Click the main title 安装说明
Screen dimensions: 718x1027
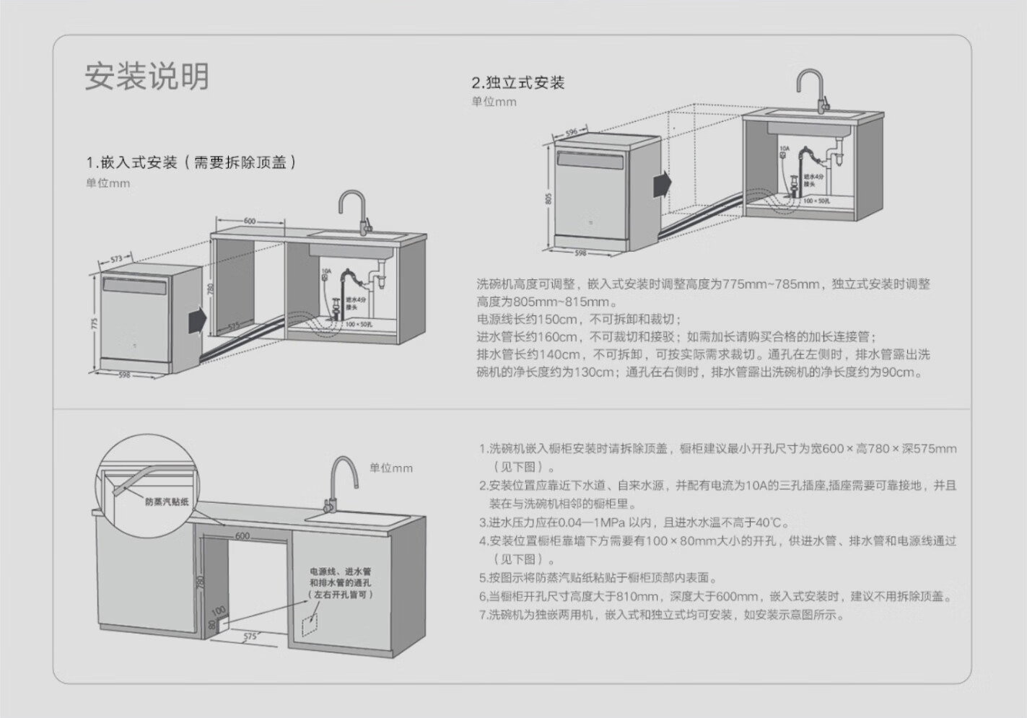[147, 76]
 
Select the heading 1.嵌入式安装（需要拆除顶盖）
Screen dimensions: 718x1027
[191, 162]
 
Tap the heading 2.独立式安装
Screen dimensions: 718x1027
[517, 83]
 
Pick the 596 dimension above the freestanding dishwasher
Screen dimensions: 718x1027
[571, 133]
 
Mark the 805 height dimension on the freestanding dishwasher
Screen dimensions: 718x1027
[549, 198]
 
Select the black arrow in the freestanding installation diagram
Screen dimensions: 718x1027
[662, 184]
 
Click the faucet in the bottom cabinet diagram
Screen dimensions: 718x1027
[341, 480]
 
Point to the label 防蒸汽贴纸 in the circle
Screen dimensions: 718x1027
[167, 502]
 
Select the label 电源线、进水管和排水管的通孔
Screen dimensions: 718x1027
[341, 582]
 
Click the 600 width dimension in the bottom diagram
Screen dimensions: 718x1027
[242, 536]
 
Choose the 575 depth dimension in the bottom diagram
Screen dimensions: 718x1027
[250, 636]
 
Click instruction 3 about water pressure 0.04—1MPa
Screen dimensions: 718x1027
[634, 522]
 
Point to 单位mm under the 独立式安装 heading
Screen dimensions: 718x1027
[494, 102]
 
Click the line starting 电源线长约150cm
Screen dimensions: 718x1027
[577, 319]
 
